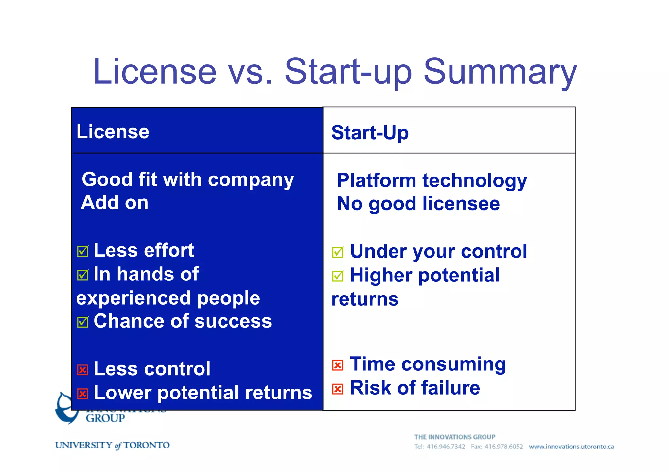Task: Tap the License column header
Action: [113, 132]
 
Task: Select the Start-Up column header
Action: [370, 133]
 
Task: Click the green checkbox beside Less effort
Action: [82, 251]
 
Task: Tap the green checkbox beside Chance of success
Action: [82, 322]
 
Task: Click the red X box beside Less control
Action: [82, 370]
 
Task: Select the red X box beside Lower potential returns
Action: [82, 394]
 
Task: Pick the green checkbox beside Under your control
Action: [338, 252]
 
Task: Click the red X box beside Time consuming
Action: [338, 365]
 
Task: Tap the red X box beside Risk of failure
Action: [338, 389]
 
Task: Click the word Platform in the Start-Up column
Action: [376, 181]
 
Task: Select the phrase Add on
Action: [115, 203]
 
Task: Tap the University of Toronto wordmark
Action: [112, 445]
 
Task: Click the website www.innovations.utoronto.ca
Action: [571, 447]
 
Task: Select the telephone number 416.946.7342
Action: [446, 447]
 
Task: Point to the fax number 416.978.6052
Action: [504, 447]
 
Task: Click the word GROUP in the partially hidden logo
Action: [105, 418]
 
